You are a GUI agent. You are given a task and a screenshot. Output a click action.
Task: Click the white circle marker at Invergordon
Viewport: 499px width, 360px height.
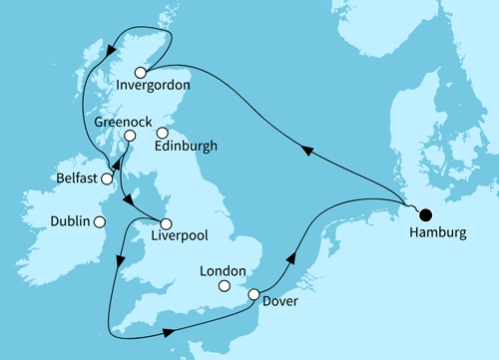pyautogui.click(x=141, y=72)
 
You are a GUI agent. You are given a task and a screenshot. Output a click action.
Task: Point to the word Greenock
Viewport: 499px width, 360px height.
pyautogui.click(x=120, y=118)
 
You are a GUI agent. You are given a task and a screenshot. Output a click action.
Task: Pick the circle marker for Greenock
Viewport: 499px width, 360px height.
pyautogui.click(x=129, y=136)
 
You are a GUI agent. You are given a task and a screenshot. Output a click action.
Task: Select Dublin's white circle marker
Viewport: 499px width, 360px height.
pyautogui.click(x=101, y=222)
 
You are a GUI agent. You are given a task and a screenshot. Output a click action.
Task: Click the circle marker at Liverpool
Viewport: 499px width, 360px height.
pyautogui.click(x=166, y=223)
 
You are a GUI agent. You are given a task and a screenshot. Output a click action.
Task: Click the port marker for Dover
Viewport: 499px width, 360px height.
pyautogui.click(x=253, y=295)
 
